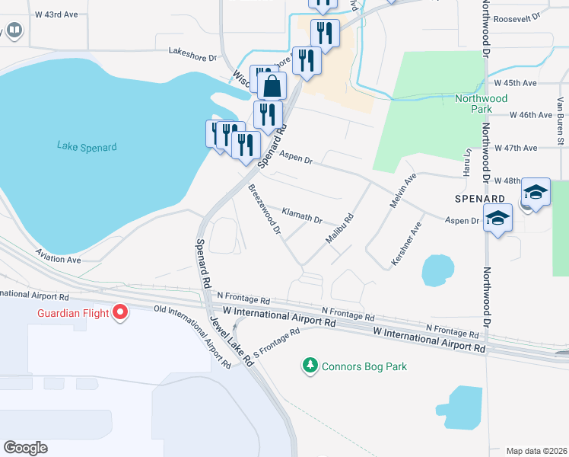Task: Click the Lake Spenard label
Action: [x=87, y=146]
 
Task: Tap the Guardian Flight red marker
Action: [x=120, y=312]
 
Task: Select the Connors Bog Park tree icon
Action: [x=310, y=366]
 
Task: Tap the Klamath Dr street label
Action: [x=302, y=216]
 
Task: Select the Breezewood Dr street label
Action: [x=265, y=208]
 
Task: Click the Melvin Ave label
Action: [x=405, y=188]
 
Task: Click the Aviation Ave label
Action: [x=58, y=260]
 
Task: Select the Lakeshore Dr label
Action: [x=192, y=53]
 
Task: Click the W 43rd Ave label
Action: [x=56, y=14]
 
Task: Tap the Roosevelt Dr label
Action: [x=517, y=16]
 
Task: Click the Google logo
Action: [x=25, y=447]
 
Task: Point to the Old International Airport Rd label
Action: [x=192, y=337]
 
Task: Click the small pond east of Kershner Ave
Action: [x=437, y=270]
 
